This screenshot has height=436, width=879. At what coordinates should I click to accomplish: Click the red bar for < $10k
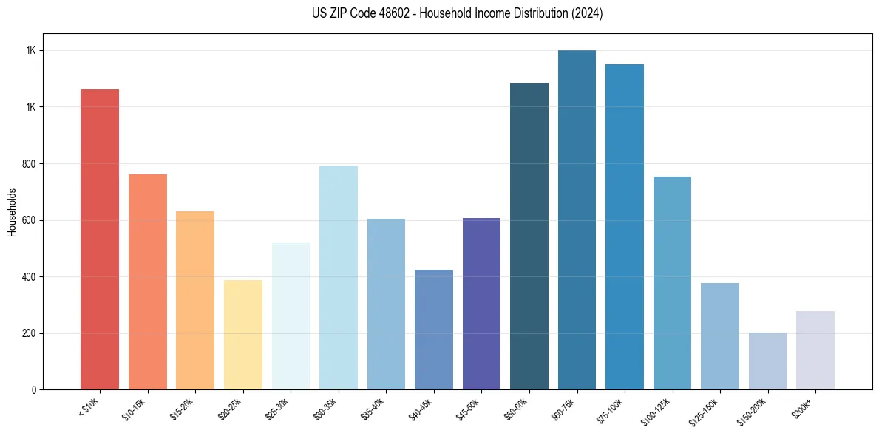100,239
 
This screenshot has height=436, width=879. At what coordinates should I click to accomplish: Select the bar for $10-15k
147,282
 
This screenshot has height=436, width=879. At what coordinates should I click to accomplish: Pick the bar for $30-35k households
338,277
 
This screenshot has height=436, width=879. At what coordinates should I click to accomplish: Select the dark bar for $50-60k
529,236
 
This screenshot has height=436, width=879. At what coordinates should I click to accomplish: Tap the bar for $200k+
815,350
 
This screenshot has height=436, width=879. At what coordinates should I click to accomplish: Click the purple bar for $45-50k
481,304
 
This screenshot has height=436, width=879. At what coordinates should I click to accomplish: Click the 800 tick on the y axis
29,163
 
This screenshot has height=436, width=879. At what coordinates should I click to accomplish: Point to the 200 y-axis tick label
29,333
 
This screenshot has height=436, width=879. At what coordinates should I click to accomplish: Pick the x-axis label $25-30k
276,408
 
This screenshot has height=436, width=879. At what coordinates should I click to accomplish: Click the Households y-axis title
12,211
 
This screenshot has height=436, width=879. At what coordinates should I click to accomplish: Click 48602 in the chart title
400,13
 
